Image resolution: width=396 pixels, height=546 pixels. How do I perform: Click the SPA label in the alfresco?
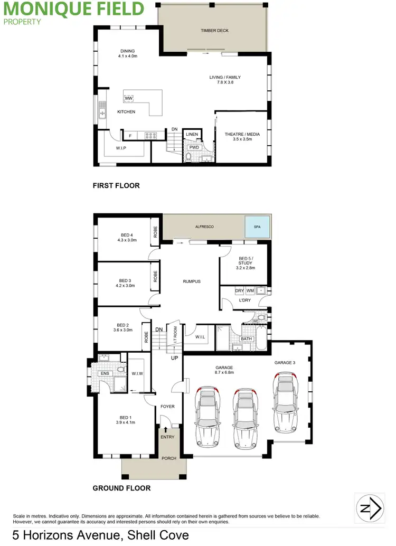coord(257,227)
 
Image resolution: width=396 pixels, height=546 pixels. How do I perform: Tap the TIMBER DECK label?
coord(214,31)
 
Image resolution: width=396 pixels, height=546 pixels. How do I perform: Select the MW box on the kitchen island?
coord(128,98)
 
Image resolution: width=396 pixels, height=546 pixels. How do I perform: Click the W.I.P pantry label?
coord(121,148)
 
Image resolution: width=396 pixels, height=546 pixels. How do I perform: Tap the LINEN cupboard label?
coord(192,135)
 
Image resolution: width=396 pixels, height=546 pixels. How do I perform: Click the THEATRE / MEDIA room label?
coord(242,135)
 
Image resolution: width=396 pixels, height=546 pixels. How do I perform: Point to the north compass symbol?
coord(369,508)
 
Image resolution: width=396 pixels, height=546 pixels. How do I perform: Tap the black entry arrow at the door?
coord(167,429)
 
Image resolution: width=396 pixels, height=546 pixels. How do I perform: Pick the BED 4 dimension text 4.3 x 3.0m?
coord(127,240)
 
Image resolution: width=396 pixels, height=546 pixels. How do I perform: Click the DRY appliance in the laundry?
coord(239,291)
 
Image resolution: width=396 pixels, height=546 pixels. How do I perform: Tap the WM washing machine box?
coord(250,291)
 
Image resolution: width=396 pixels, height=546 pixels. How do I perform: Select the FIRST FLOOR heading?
coord(116,185)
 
